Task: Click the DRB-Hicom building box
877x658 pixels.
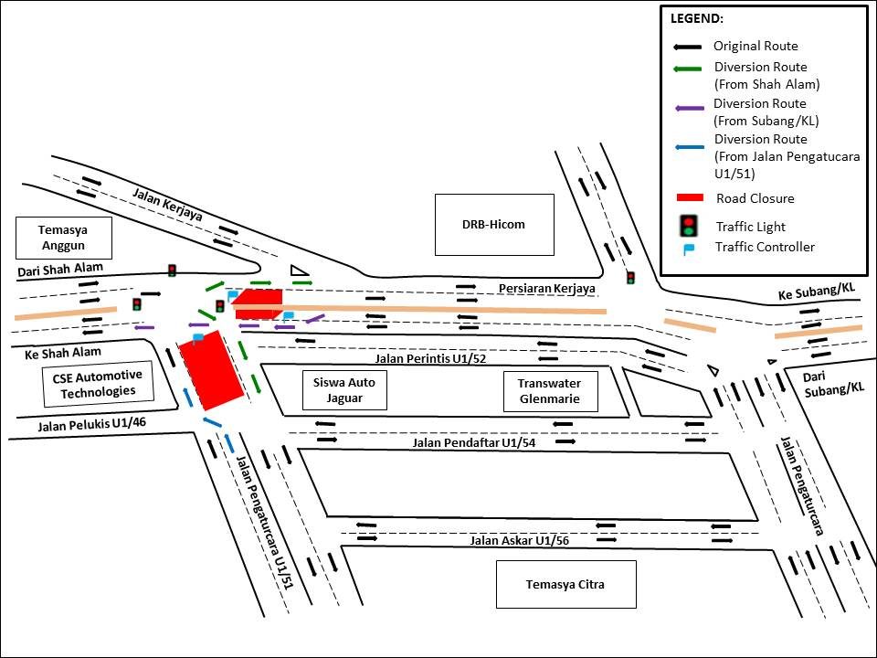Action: click(494, 224)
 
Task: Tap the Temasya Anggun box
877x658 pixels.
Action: click(63, 238)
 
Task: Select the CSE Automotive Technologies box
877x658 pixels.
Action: click(97, 384)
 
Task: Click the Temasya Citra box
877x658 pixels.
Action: click(565, 584)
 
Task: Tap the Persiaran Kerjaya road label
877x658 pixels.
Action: click(547, 289)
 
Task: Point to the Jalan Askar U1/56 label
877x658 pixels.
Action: click(519, 540)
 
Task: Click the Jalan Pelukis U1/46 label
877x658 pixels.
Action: click(92, 424)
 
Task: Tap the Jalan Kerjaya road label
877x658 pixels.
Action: click(167, 205)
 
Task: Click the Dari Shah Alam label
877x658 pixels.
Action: click(60, 269)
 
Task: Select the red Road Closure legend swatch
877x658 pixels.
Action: click(689, 198)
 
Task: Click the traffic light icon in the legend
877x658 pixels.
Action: click(689, 226)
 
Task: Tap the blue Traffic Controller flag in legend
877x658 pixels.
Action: click(690, 247)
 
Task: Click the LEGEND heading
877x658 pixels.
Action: click(697, 18)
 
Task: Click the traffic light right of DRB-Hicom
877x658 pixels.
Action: click(630, 277)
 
